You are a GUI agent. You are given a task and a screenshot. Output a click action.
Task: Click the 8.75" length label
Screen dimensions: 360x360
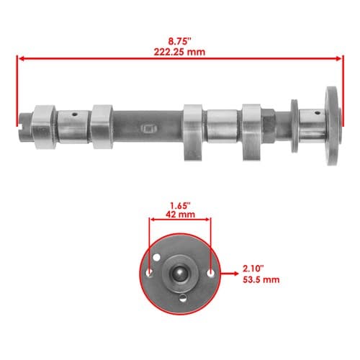[179, 41]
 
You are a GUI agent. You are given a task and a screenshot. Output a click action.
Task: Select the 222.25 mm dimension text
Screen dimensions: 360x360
[179, 52]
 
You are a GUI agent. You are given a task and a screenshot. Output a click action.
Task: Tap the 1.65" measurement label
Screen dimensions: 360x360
[180, 205]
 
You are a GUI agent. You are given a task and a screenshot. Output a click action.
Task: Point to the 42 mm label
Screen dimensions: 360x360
[180, 215]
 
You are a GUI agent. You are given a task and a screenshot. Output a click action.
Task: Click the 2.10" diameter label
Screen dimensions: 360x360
[253, 269]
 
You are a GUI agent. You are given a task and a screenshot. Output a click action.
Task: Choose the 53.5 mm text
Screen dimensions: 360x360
[261, 280]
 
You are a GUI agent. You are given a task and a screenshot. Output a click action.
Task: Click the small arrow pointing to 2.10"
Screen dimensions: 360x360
[230, 273]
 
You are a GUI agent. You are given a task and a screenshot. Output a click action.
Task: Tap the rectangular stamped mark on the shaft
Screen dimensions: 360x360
[149, 128]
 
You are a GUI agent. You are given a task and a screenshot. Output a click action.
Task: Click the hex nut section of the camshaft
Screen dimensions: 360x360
[269, 125]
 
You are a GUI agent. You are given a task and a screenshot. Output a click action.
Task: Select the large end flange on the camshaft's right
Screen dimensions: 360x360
[333, 126]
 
